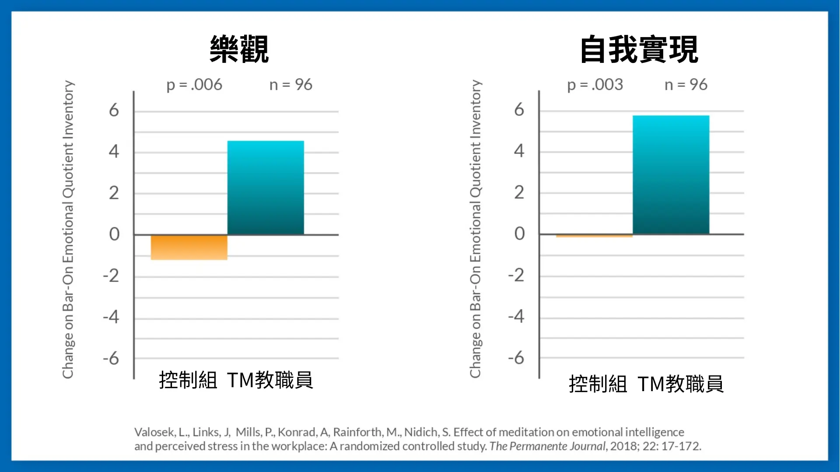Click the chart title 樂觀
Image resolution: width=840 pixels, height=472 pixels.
239,49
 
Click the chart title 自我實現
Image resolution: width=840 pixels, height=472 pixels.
639,49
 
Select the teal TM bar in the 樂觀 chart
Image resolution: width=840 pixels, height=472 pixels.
266,187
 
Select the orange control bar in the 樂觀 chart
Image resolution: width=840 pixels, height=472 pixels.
189,247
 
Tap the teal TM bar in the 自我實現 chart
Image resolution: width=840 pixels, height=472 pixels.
671,175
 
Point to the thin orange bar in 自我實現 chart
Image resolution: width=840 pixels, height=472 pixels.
594,236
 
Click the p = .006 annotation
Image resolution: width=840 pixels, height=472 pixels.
194,85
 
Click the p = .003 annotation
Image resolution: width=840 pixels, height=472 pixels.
595,85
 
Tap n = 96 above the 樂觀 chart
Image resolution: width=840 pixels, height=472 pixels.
291,85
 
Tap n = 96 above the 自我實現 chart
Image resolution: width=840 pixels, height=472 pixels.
686,85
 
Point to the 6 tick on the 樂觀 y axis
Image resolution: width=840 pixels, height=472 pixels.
114,110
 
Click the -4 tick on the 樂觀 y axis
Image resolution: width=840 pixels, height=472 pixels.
111,317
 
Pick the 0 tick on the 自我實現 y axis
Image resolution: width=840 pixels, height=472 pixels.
519,234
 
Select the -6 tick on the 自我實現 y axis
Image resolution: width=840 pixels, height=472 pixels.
516,358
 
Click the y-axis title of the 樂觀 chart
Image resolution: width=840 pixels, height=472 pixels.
68,229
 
